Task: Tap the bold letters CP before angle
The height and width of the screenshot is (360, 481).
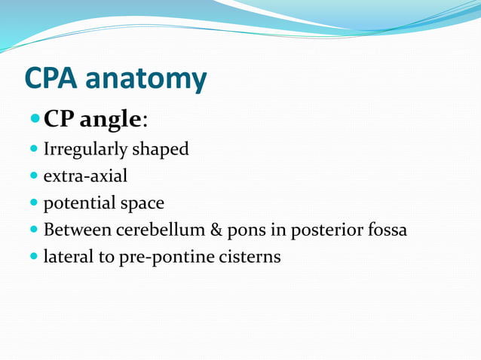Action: (x=63, y=119)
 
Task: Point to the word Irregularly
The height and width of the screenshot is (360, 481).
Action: (x=85, y=150)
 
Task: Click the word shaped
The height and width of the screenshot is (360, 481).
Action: (x=161, y=150)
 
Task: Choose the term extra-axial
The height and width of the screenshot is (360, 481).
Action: (x=85, y=176)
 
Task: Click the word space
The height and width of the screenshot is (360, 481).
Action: (x=142, y=204)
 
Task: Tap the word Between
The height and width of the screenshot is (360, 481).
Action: (x=75, y=230)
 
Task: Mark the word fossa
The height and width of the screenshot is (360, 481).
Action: (x=384, y=230)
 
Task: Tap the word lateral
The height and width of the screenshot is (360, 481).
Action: (x=66, y=256)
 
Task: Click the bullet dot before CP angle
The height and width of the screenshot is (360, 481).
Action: (x=35, y=119)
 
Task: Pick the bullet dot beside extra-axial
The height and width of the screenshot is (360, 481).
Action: (x=34, y=176)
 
